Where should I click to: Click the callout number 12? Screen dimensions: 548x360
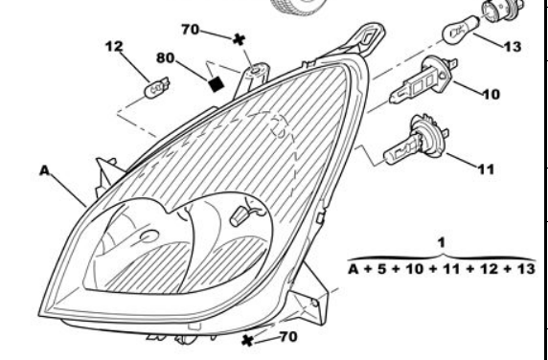[x=114, y=46]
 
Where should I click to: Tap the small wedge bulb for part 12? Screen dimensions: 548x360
[x=156, y=88]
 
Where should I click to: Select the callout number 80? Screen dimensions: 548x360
[x=166, y=58]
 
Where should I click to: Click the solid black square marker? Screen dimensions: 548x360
[x=216, y=84]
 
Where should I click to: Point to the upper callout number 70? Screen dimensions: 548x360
[x=191, y=30]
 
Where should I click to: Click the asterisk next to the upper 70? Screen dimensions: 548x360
[x=240, y=39]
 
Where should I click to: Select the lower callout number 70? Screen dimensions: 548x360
[x=288, y=337]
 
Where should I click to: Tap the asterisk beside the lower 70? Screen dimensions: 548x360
[x=247, y=341]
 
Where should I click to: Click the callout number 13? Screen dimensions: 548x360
[x=513, y=47]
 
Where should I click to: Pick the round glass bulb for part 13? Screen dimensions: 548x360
[x=460, y=31]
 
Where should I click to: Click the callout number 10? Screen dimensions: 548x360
[x=491, y=94]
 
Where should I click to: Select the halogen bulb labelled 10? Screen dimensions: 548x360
[x=423, y=80]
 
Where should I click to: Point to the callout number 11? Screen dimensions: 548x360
[x=486, y=169]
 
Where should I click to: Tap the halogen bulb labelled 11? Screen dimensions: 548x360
[x=416, y=141]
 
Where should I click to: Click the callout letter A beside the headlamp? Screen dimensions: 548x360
[x=44, y=170]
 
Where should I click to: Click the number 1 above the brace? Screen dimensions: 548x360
[x=442, y=242]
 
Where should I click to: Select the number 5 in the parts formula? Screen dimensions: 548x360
[x=382, y=269]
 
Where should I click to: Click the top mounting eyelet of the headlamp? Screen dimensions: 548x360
[x=369, y=36]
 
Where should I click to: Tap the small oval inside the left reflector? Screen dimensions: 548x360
[x=149, y=236]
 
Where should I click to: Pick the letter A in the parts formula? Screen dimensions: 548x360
[x=354, y=269]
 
